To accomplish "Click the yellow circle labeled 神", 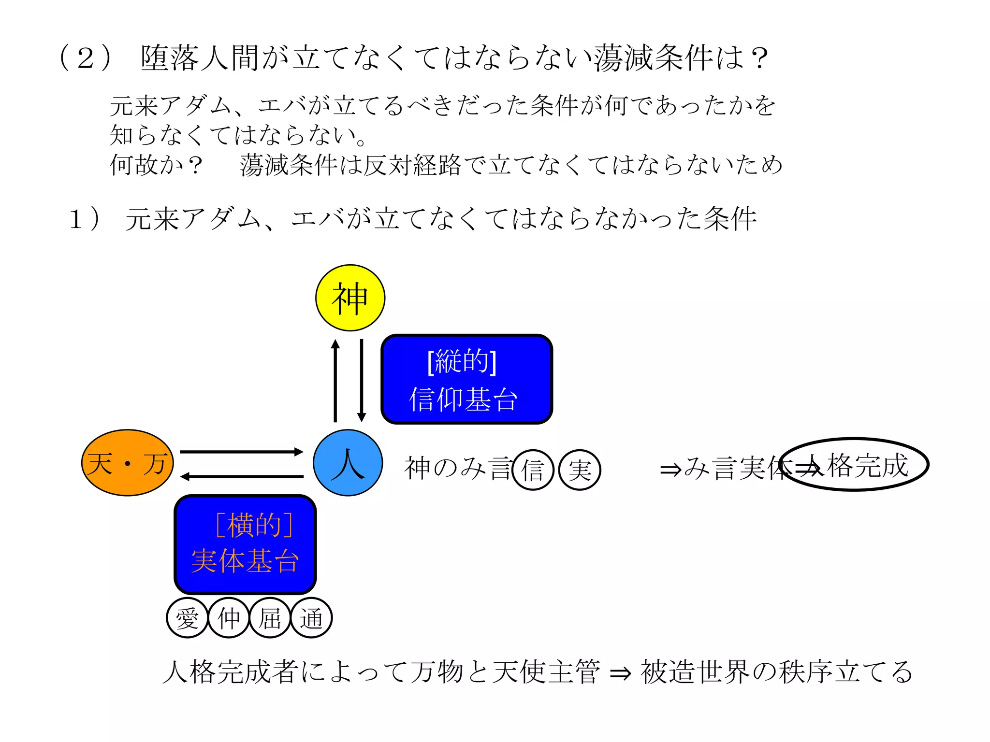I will (x=350, y=298).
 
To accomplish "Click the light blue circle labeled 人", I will (x=348, y=463).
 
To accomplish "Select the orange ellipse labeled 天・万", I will (x=128, y=463).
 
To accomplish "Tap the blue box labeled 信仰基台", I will (x=466, y=379).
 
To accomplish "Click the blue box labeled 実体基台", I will (x=245, y=544).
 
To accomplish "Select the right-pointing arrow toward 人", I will (x=241, y=452).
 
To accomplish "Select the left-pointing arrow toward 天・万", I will (x=241, y=477).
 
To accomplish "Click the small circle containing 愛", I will (x=187, y=618).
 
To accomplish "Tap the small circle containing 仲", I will (x=229, y=618).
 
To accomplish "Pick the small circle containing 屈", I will (x=270, y=618).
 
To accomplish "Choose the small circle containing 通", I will (x=311, y=618).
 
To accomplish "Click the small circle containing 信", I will (x=533, y=470).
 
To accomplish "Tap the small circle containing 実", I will (x=580, y=470).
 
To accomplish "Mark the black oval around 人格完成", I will (x=854, y=464).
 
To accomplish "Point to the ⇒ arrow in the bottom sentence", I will (x=620, y=673).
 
